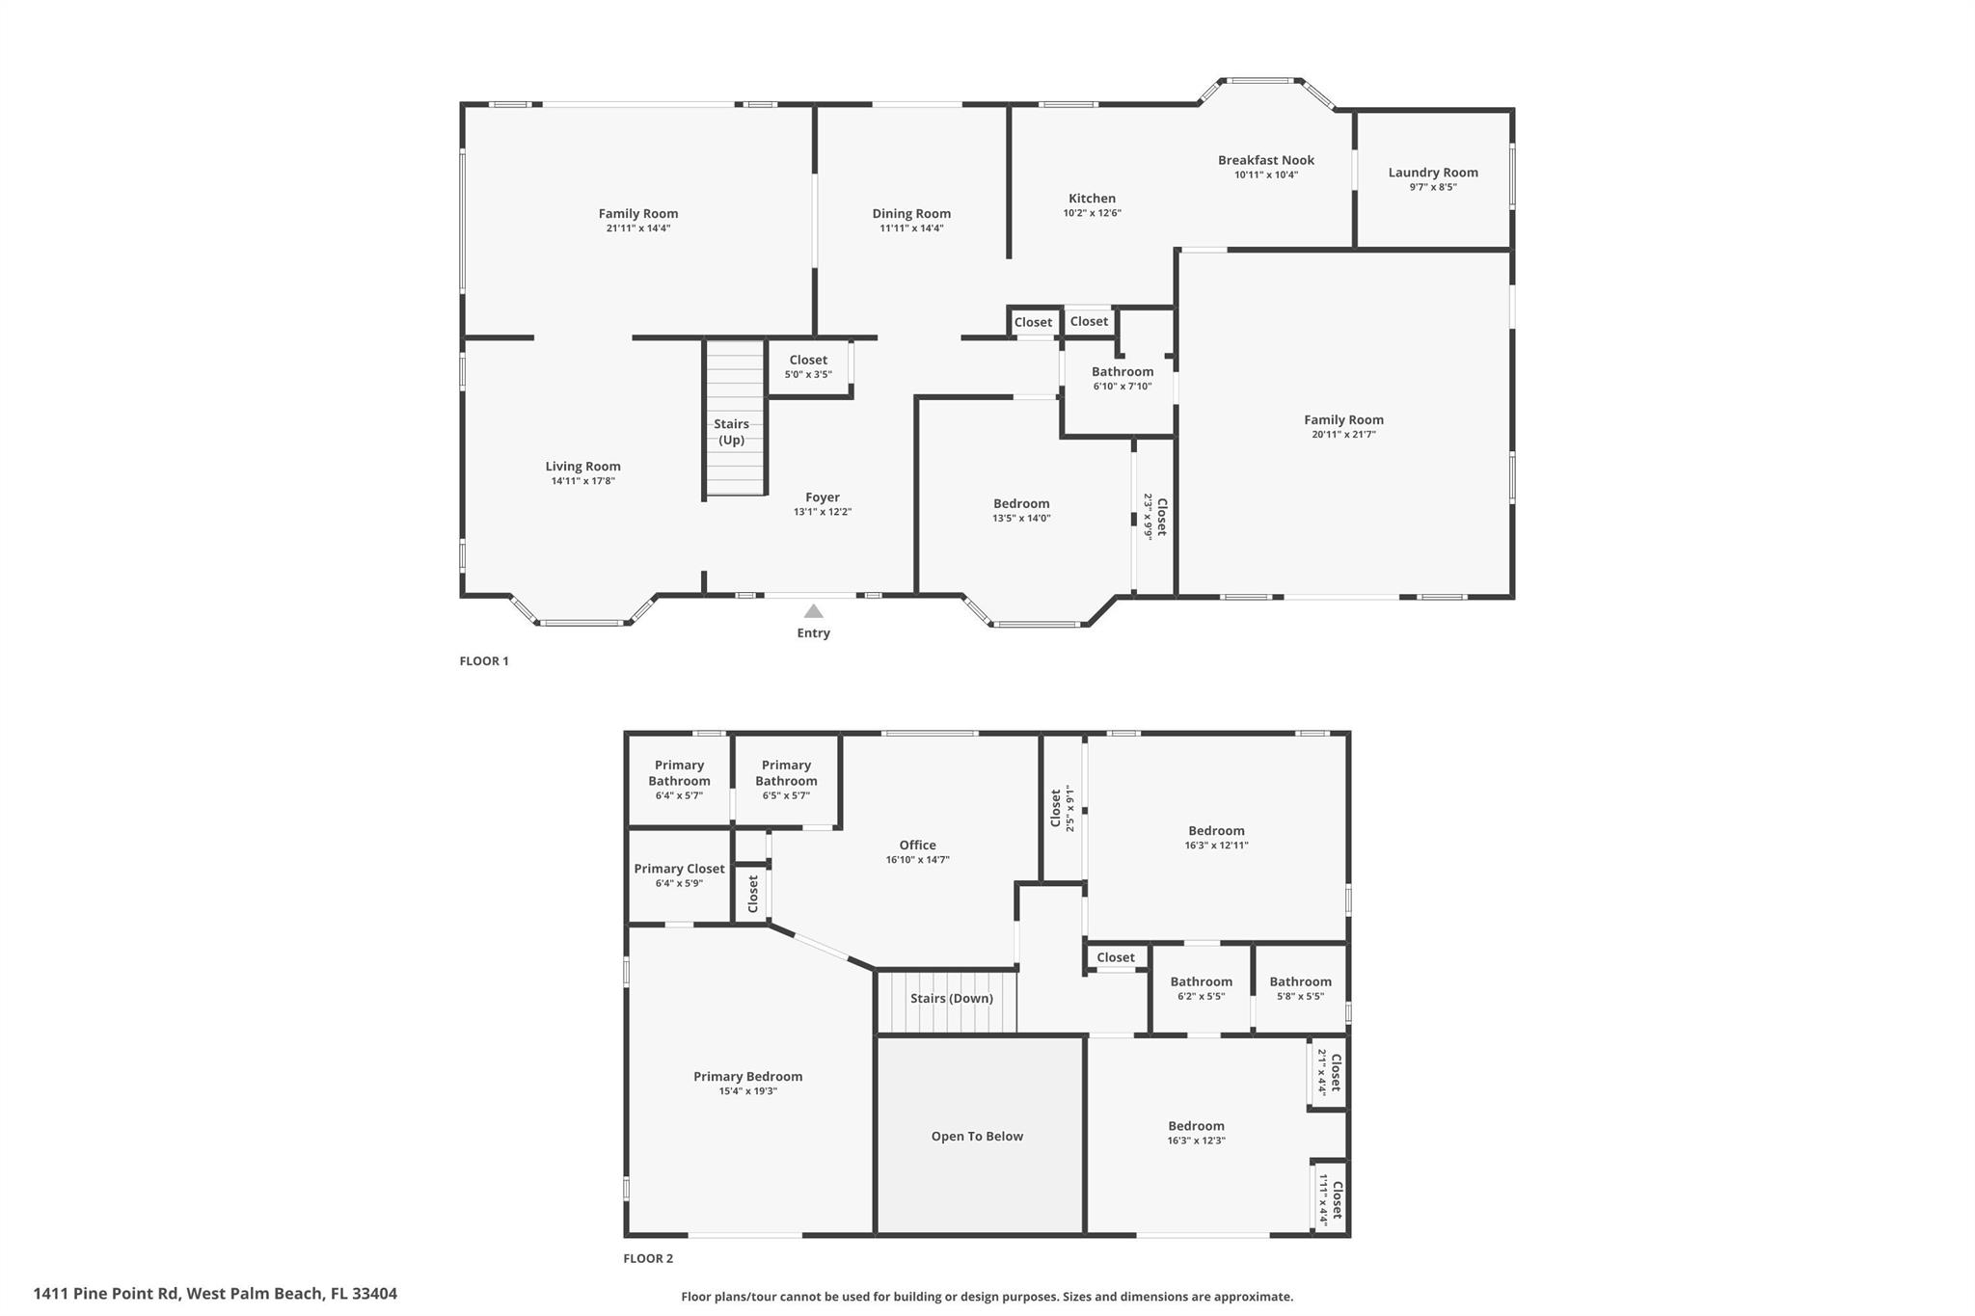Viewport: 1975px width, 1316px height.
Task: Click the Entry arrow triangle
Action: [x=813, y=611]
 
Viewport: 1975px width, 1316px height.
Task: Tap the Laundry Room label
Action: [x=1432, y=173]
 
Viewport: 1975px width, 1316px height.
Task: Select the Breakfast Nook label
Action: [x=1265, y=160]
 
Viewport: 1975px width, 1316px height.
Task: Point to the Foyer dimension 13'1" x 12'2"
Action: [x=822, y=512]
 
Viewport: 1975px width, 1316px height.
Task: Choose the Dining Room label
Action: [x=911, y=214]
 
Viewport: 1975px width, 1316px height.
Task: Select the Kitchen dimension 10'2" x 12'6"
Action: [x=1092, y=213]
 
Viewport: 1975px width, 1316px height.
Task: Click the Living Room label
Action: [x=582, y=467]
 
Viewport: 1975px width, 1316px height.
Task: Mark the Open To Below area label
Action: [x=977, y=1137]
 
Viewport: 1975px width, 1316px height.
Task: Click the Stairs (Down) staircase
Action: [x=951, y=999]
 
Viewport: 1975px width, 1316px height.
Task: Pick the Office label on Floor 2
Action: [x=917, y=846]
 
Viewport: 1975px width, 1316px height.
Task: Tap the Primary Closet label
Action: [x=679, y=869]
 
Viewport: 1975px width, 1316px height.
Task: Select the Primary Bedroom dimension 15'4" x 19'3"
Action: [x=747, y=1091]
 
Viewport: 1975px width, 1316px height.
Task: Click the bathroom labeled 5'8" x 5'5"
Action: [x=1299, y=988]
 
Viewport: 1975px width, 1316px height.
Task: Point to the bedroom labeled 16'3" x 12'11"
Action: [x=1216, y=837]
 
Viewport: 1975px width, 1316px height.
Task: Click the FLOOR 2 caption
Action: [x=648, y=1258]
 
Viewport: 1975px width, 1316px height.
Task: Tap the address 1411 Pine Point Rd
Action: [x=215, y=1294]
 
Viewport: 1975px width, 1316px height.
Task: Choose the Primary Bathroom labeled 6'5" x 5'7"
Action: [x=786, y=779]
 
